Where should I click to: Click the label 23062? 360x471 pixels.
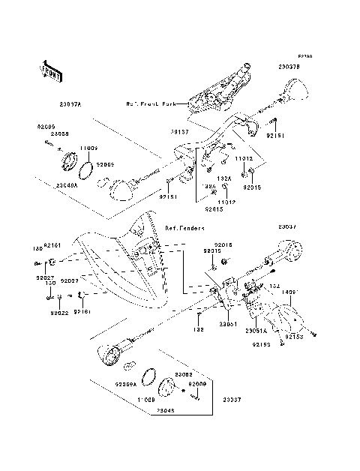tap(184, 373)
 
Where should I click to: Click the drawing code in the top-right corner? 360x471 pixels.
tap(304, 56)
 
